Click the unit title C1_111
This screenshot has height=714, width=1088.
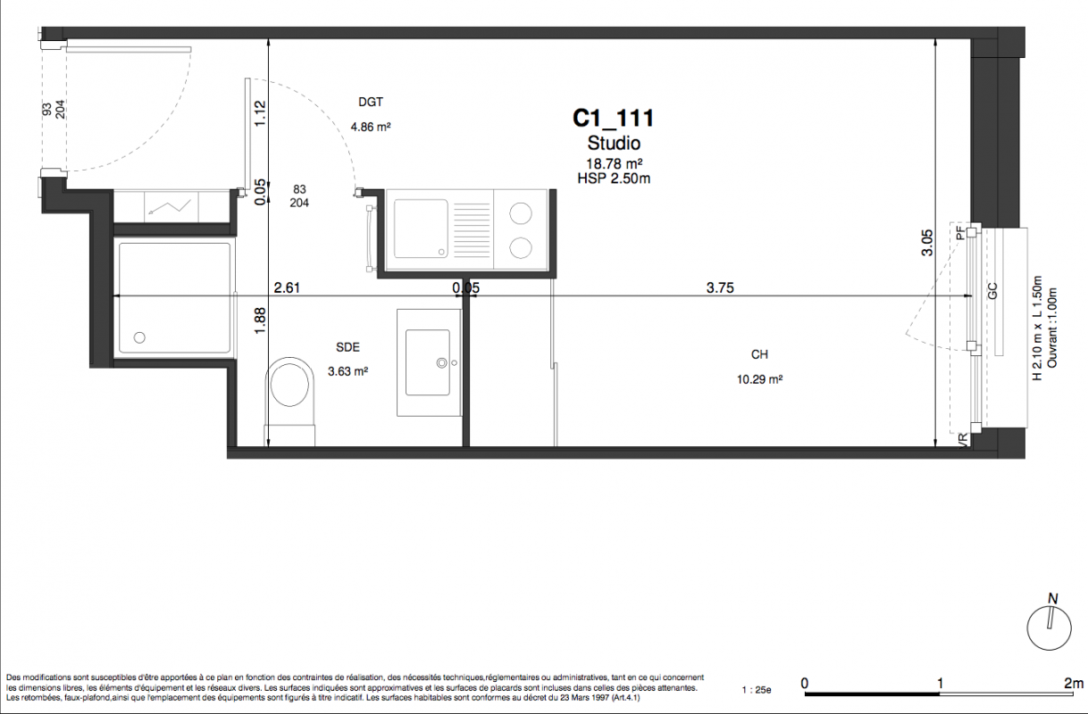[613, 119]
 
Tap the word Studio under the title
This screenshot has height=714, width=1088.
[614, 143]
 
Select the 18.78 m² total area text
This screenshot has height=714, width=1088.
[615, 163]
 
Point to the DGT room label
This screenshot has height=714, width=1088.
[371, 102]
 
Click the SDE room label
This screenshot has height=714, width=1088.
[347, 347]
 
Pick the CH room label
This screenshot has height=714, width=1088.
[759, 355]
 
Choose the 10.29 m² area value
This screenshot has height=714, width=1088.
[759, 379]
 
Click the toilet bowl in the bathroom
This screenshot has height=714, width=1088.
[290, 385]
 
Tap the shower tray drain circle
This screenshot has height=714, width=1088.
[139, 337]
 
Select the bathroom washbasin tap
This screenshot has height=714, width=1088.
[442, 362]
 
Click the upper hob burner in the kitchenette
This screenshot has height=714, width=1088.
[520, 213]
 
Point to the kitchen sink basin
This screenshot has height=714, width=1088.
[421, 228]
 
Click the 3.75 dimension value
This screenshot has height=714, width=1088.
[720, 288]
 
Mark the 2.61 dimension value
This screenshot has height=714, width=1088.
[287, 288]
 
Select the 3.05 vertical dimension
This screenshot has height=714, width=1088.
[927, 243]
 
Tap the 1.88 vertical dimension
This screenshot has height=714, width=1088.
[260, 320]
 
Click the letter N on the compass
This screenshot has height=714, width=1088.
[1052, 599]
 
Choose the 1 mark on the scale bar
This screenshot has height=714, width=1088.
[940, 684]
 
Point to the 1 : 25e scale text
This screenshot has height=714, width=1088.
[757, 690]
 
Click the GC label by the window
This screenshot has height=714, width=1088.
[992, 291]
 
